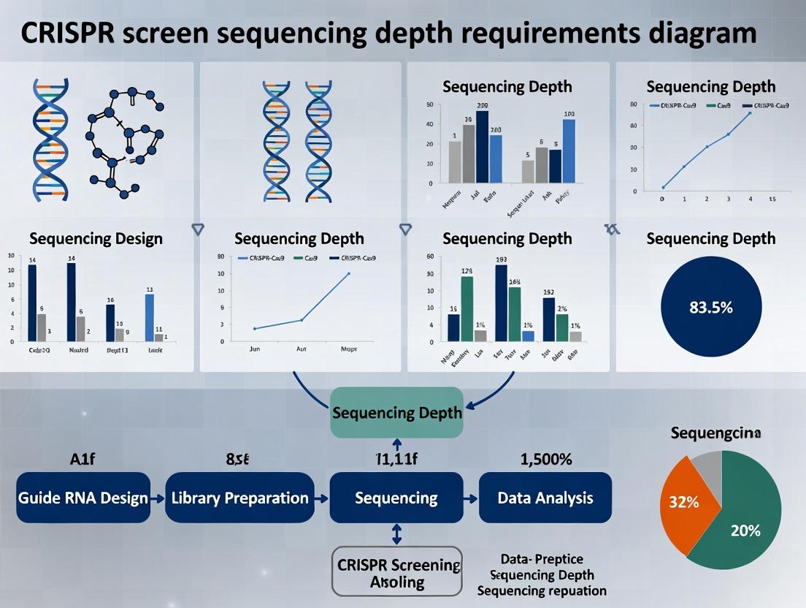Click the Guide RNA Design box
point(83,498)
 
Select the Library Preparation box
point(239,498)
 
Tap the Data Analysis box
point(545,498)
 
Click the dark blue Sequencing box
point(396,498)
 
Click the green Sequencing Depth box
point(396,412)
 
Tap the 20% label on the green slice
point(745,531)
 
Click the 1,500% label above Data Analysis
point(545,460)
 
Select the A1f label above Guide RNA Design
point(83,460)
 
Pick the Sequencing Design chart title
point(96,238)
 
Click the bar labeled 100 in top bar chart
point(569,150)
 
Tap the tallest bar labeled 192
point(501,303)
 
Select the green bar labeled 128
point(467,308)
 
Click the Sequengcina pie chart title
point(715,433)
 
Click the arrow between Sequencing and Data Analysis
point(471,498)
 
